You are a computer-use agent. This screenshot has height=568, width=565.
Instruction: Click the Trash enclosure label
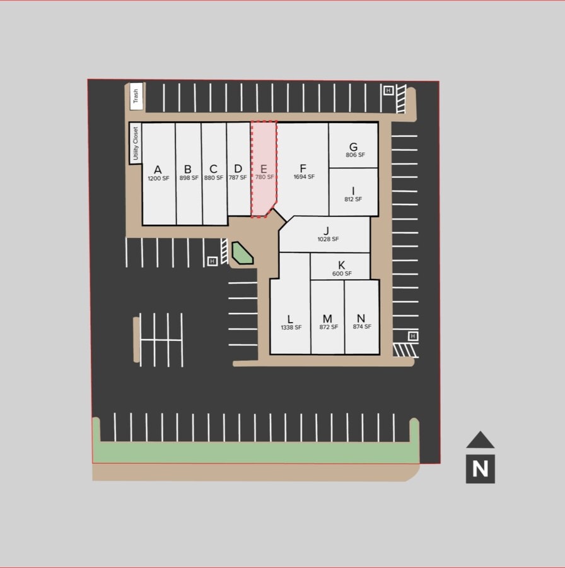click(136, 96)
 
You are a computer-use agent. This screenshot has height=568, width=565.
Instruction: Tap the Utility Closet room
click(136, 143)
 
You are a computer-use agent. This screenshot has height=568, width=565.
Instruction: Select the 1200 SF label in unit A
click(158, 178)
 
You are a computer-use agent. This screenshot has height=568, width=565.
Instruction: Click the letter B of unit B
click(187, 169)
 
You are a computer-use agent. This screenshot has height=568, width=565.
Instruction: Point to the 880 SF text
click(214, 178)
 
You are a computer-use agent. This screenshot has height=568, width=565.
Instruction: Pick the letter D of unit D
click(238, 169)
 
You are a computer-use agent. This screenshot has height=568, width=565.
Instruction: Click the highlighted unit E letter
click(264, 169)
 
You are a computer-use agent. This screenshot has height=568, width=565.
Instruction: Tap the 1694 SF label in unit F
click(304, 177)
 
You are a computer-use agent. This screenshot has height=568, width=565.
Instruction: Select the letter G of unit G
click(353, 146)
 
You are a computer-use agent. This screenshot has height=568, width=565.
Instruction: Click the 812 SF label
click(353, 199)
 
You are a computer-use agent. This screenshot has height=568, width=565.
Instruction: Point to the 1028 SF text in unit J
click(329, 239)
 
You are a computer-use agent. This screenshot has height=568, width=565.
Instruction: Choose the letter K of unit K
click(341, 265)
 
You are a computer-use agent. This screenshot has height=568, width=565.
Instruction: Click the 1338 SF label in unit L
click(291, 328)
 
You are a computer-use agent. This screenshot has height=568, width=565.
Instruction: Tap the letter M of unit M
click(327, 319)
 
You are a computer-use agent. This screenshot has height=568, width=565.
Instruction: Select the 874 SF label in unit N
click(362, 327)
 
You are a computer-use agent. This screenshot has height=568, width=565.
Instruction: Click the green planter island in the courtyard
click(242, 253)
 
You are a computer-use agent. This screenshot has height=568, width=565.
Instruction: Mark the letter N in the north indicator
click(480, 469)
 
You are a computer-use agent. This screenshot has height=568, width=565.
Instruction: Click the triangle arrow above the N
click(481, 441)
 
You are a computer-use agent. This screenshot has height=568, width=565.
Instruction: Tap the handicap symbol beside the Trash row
click(388, 90)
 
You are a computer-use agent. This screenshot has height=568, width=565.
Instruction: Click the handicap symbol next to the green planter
click(213, 261)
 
